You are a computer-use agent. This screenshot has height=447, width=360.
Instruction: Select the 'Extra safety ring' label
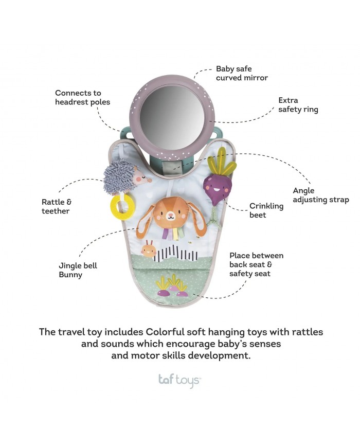point(298,105)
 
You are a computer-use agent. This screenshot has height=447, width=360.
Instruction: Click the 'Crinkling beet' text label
point(266,210)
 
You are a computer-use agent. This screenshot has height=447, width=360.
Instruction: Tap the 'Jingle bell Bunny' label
point(78,270)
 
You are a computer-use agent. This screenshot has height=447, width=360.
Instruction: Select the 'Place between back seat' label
point(256,264)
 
